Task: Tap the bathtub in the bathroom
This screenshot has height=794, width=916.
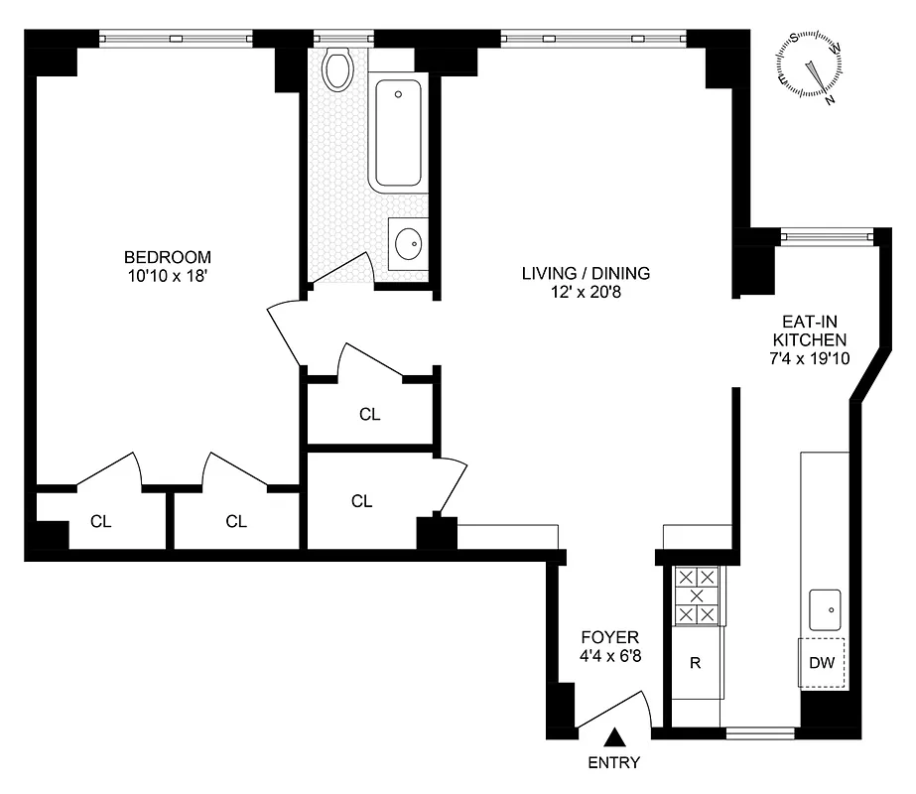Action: click(x=398, y=133)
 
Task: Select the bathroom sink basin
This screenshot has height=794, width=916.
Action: click(x=408, y=242)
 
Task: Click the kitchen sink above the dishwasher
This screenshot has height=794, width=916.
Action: click(x=825, y=607)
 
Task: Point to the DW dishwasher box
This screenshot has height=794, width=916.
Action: click(x=823, y=663)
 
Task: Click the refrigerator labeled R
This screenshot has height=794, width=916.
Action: click(x=696, y=663)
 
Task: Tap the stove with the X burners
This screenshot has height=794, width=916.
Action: click(x=696, y=595)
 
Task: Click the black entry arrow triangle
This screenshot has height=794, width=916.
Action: click(x=615, y=737)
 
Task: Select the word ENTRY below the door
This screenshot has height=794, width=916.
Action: click(x=614, y=763)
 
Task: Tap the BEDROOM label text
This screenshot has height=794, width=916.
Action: click(x=169, y=256)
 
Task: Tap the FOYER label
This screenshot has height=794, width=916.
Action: click(x=610, y=637)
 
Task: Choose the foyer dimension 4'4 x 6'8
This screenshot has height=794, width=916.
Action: click(x=610, y=656)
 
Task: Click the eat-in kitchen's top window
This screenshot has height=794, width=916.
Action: click(x=826, y=235)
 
